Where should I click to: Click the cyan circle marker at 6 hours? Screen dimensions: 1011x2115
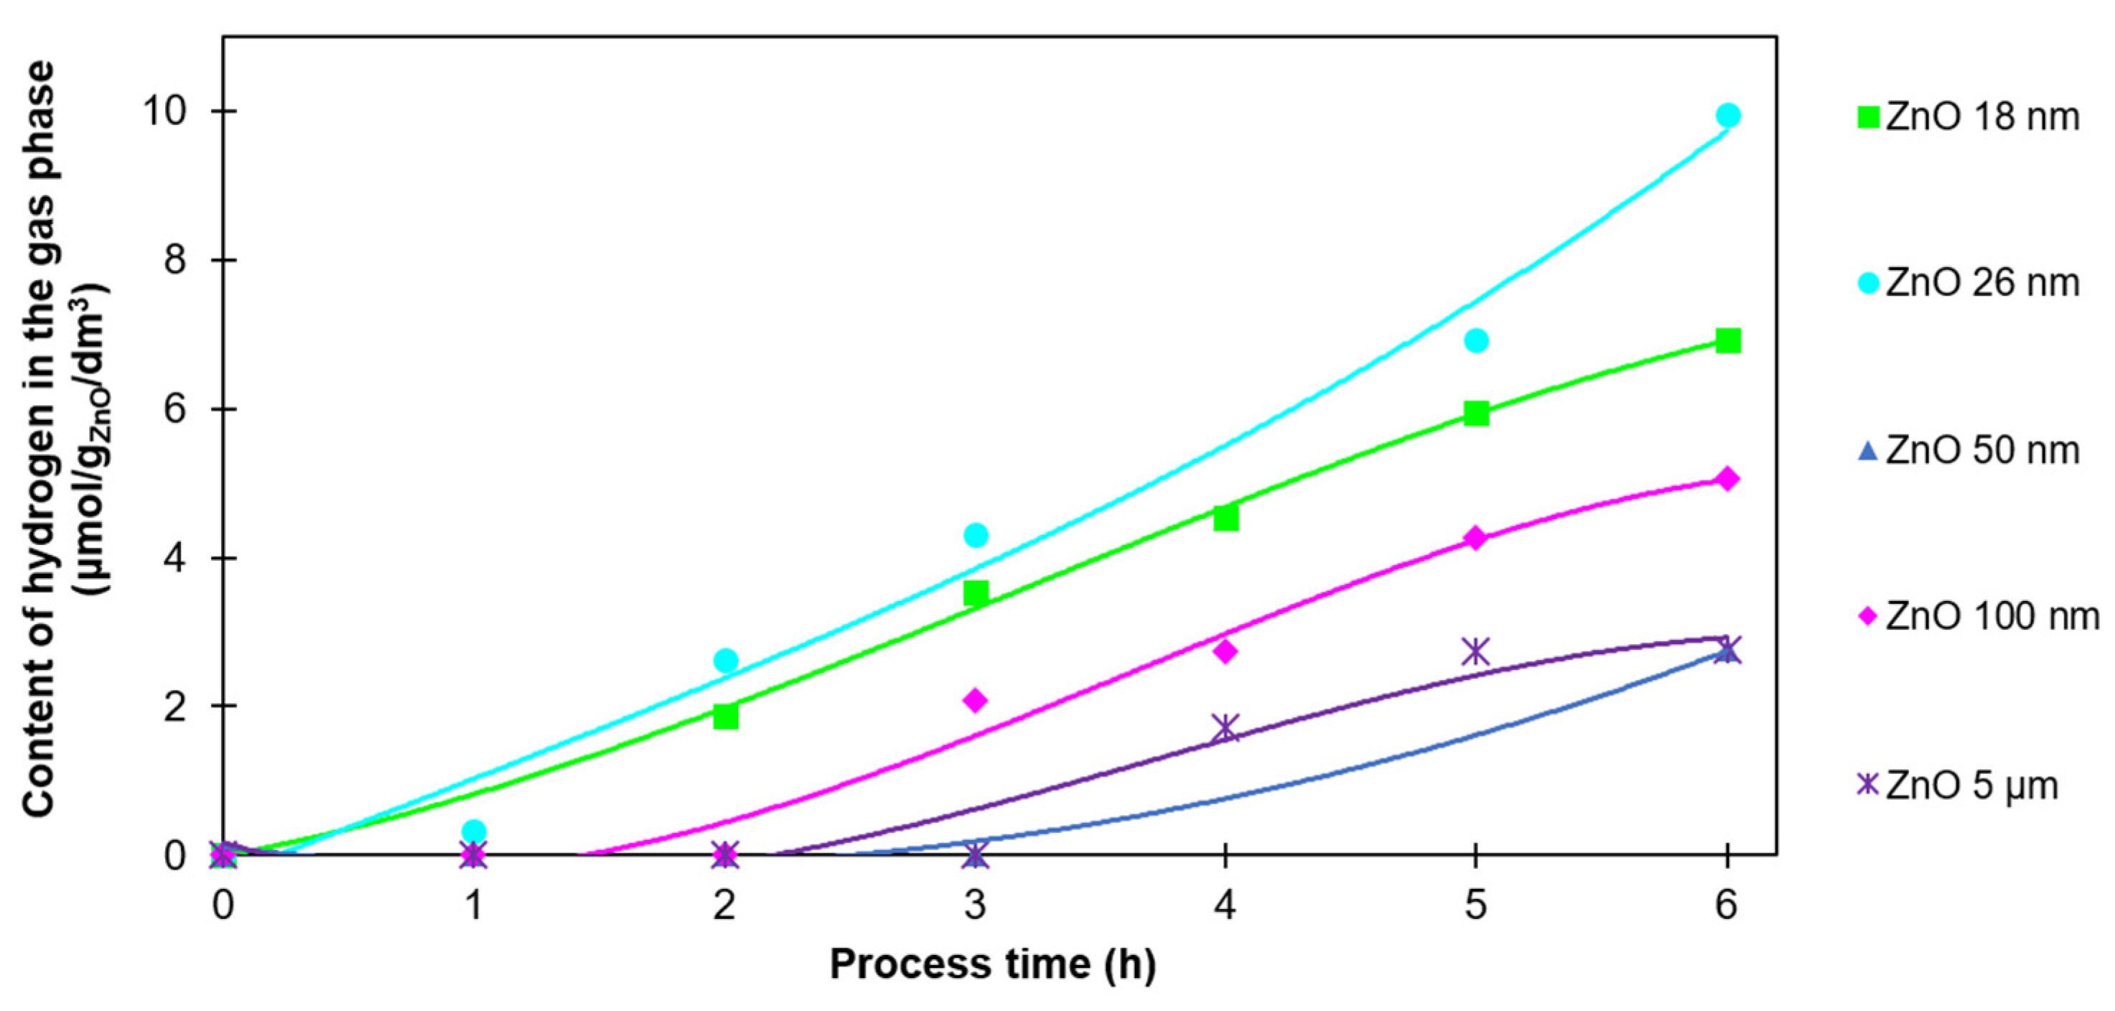coord(1727,116)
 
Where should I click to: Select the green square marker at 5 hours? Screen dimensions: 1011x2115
coord(1476,414)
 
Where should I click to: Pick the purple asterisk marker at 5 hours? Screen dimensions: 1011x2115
coord(1476,652)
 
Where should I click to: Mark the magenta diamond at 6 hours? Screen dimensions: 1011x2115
coord(1727,479)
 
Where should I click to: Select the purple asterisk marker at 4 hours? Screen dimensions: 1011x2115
coord(1225,727)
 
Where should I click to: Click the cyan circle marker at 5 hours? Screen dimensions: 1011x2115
coord(1476,340)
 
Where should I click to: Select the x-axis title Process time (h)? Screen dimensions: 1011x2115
coord(993,964)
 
